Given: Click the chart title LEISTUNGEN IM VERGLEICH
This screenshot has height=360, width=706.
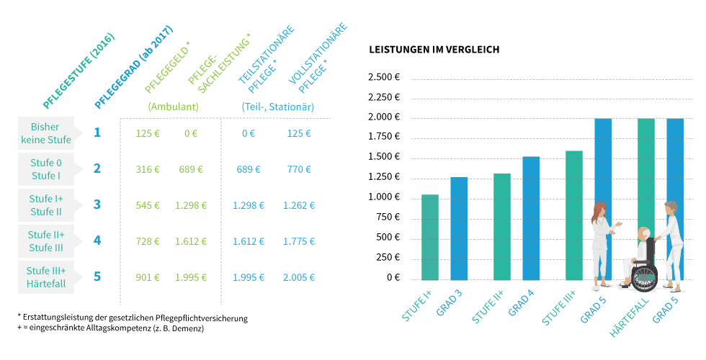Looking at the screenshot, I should tap(434, 50).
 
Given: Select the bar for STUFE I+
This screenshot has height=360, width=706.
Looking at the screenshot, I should tap(429, 237).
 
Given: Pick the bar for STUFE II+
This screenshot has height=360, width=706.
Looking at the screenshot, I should tap(502, 226).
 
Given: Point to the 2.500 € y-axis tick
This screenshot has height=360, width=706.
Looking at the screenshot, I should tap(384, 77).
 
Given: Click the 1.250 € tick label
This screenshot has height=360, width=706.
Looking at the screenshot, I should tap(384, 177).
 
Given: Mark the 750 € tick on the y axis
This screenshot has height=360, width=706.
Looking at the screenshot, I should tap(388, 217).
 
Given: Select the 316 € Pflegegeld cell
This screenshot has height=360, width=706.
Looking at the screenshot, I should tap(148, 169).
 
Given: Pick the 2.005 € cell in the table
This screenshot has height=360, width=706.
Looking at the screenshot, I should tap(298, 277).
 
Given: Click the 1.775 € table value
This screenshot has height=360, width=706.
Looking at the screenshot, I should tap(298, 241).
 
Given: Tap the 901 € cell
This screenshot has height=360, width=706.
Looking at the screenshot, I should tap(148, 277).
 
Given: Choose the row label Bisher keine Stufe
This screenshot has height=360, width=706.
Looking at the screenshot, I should tap(45, 133).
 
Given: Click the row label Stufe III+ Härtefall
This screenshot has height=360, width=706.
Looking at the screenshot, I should tap(45, 277).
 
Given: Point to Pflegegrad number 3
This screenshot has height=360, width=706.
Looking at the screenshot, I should tap(97, 204).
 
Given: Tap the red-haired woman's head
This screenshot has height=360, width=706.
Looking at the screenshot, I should tap(599, 210).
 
